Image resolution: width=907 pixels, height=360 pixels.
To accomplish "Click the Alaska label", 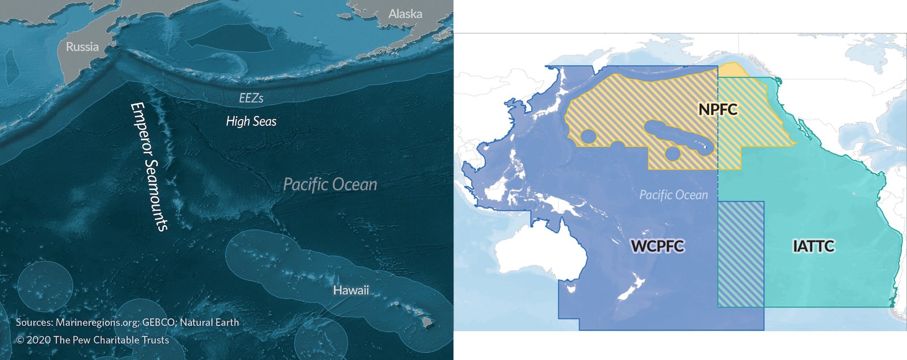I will (x=405, y=14).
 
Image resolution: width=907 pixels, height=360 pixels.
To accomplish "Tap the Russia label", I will (x=82, y=47).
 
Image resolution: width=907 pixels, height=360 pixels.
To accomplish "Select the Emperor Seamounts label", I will (x=149, y=166).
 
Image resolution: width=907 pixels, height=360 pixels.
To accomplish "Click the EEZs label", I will (x=251, y=98).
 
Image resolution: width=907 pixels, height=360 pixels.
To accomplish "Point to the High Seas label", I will (x=251, y=121).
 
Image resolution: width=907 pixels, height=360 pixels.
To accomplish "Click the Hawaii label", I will (x=350, y=290).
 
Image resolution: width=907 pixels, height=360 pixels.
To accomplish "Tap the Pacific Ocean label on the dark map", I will (x=330, y=184).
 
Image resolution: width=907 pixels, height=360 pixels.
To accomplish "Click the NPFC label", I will (x=718, y=109).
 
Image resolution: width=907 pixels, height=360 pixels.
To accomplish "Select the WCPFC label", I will (x=658, y=246).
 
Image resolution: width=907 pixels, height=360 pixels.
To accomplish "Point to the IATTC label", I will (x=813, y=246).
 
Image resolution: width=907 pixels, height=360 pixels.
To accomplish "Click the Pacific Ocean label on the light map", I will (x=673, y=195).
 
